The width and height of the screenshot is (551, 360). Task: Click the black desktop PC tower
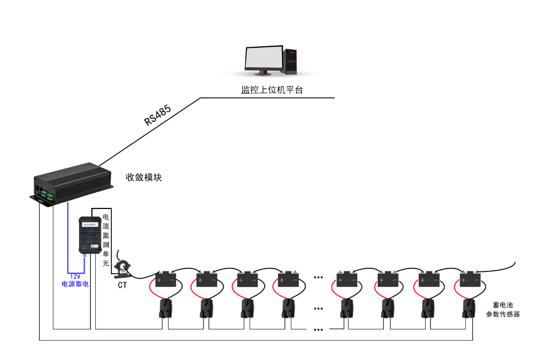pyautogui.click(x=291, y=62)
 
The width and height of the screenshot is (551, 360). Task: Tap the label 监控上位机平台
pyautogui.click(x=271, y=90)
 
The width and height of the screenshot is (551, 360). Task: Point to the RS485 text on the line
pyautogui.click(x=158, y=114)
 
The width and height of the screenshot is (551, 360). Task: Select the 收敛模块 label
pyautogui.click(x=144, y=177)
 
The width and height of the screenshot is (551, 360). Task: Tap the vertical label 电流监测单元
pyautogui.click(x=106, y=240)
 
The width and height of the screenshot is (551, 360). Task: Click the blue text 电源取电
pyautogui.click(x=75, y=284)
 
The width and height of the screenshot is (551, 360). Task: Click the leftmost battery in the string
pyautogui.click(x=165, y=277)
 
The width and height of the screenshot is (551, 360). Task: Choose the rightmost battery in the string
pyautogui.click(x=471, y=277)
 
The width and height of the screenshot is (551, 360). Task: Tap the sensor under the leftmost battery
pyautogui.click(x=165, y=308)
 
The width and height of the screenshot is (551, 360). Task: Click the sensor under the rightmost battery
pyautogui.click(x=470, y=308)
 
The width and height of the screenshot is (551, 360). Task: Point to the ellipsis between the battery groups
pyautogui.click(x=319, y=277)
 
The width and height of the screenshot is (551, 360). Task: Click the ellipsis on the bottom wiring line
pyautogui.click(x=319, y=329)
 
